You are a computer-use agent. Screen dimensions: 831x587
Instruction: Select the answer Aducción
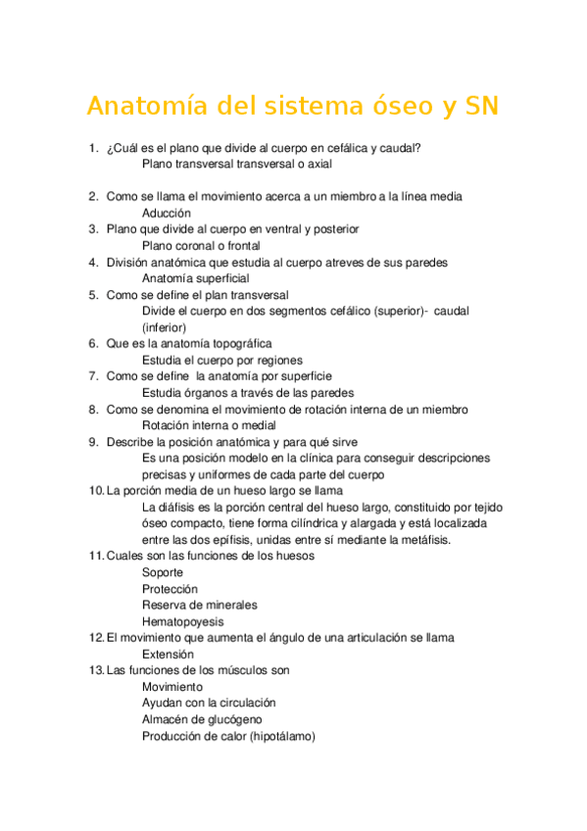tap(167, 213)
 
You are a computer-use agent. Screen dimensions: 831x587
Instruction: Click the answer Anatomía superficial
tap(195, 278)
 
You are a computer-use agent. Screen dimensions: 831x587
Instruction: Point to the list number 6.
tap(93, 344)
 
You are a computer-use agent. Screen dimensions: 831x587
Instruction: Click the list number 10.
tap(95, 491)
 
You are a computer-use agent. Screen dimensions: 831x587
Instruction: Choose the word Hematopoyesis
tap(182, 621)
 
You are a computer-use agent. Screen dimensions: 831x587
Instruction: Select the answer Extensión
tap(168, 655)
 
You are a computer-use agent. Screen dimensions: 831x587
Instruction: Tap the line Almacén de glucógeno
tap(202, 719)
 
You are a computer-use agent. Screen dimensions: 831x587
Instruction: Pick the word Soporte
tap(163, 572)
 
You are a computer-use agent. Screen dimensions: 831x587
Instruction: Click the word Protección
tap(170, 589)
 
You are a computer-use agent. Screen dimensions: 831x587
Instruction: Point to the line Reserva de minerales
tap(200, 606)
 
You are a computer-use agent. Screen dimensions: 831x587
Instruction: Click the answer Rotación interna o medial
tap(209, 425)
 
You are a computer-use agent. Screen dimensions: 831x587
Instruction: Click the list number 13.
tap(95, 670)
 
